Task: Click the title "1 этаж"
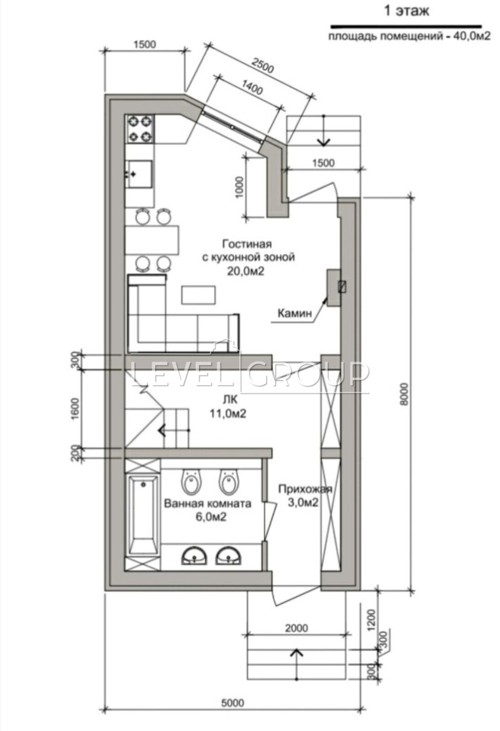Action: [x=407, y=11]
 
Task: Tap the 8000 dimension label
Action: [x=404, y=394]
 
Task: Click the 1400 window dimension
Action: [x=252, y=87]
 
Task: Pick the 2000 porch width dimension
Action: [x=296, y=628]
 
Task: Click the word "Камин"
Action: [x=295, y=313]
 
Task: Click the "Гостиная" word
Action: [x=247, y=244]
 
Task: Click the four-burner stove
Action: [x=140, y=129]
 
